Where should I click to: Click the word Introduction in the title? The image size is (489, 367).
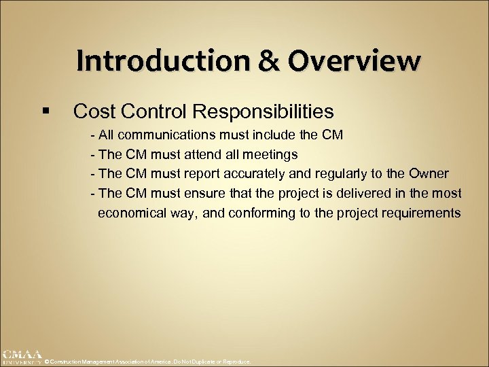tap(141, 60)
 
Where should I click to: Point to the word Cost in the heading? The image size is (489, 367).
tap(94, 110)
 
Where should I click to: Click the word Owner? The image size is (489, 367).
tap(427, 174)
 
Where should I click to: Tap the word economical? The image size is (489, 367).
tap(132, 213)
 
